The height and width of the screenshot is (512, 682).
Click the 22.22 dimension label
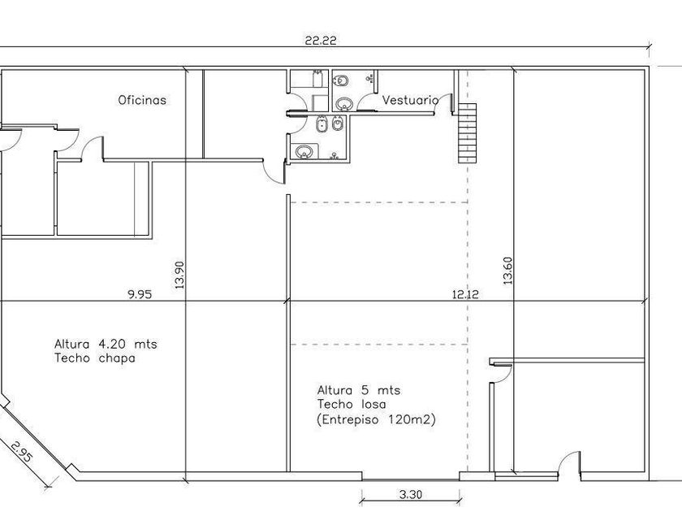[321, 41]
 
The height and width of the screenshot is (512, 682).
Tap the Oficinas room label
[142, 100]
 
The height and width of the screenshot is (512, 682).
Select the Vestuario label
[410, 100]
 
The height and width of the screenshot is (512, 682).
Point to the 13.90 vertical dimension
[179, 276]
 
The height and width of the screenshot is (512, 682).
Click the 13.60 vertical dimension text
[507, 271]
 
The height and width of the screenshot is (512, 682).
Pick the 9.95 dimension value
[140, 294]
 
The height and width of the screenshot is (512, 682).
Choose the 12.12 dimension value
[465, 295]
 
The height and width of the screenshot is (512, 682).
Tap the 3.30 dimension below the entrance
[411, 495]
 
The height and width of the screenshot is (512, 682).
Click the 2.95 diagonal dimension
[21, 453]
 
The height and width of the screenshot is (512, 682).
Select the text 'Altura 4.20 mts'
[106, 344]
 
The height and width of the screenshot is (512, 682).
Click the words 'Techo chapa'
[95, 358]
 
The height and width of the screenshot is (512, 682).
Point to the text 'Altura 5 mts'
[359, 389]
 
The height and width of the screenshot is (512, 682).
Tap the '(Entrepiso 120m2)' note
[376, 419]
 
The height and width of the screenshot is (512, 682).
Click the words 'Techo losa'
[352, 405]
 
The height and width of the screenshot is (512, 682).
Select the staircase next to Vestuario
[467, 133]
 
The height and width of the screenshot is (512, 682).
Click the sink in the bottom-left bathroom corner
[304, 152]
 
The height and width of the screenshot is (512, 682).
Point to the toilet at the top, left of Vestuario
[342, 80]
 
